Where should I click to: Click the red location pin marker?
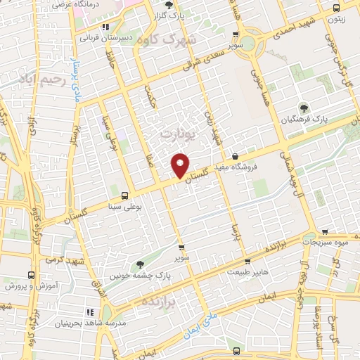[181, 165]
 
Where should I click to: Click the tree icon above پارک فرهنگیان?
[304, 108]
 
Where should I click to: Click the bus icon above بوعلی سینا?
[125, 196]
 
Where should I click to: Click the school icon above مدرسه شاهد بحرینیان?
[89, 311]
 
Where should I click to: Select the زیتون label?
[335, 20]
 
